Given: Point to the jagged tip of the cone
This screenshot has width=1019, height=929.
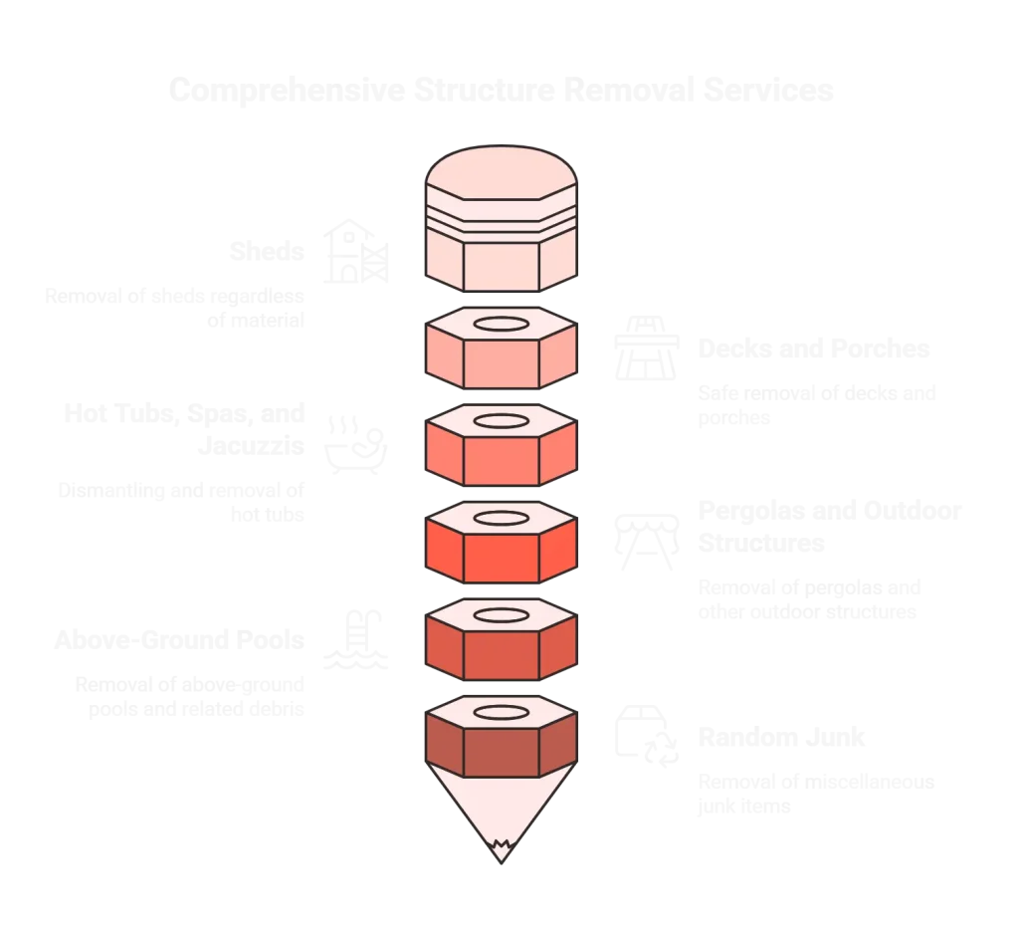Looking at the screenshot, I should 501,849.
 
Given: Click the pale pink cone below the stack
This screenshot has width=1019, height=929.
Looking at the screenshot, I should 501,807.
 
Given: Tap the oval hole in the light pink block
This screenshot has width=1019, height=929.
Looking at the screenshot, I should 501,326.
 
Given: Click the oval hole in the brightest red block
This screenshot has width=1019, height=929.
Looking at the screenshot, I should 501,518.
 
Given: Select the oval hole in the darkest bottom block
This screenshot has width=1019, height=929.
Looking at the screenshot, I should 501,711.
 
